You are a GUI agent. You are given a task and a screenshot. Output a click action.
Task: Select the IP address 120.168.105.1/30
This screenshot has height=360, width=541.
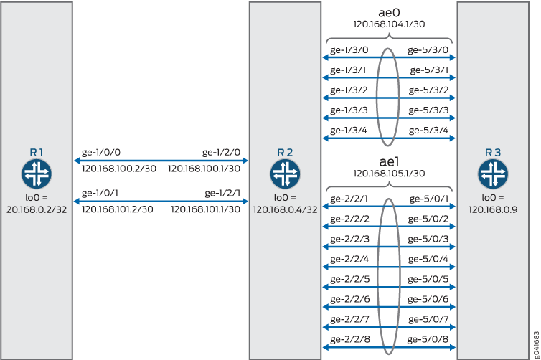[x=389, y=173]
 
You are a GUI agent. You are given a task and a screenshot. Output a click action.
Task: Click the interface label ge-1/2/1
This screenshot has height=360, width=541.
[x=224, y=193]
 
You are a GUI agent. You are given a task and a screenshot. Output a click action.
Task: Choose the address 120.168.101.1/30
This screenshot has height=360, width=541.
[x=205, y=209]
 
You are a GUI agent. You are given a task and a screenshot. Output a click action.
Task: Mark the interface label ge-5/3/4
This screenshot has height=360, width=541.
[x=429, y=130]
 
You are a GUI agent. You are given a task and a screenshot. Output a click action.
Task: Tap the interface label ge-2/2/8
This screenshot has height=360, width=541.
[x=347, y=339]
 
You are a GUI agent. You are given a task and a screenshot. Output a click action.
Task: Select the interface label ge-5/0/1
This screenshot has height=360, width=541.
[x=429, y=199]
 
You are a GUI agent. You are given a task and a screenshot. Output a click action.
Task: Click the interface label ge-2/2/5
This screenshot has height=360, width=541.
[x=347, y=279]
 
